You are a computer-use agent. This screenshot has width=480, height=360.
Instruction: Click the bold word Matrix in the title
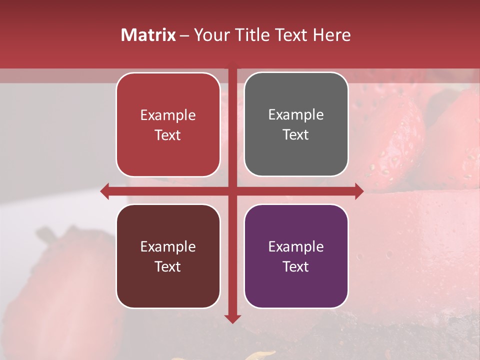(148, 35)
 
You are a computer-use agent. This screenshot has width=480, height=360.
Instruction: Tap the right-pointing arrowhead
(359, 191)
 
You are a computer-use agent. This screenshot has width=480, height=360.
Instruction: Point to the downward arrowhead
(232, 319)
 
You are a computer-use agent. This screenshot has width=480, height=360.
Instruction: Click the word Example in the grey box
(296, 115)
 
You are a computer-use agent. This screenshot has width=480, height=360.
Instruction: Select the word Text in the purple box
(296, 266)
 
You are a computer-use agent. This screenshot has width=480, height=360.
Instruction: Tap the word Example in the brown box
(168, 246)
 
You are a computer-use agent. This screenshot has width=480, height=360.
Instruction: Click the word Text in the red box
(168, 135)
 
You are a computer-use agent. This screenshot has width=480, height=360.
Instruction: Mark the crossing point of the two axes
(232, 191)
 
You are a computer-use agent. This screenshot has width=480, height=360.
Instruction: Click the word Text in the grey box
(296, 135)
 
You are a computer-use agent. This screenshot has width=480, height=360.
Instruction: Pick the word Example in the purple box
(296, 246)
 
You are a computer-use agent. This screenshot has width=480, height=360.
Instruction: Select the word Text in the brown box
(168, 266)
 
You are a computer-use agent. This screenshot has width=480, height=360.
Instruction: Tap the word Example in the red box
(168, 115)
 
